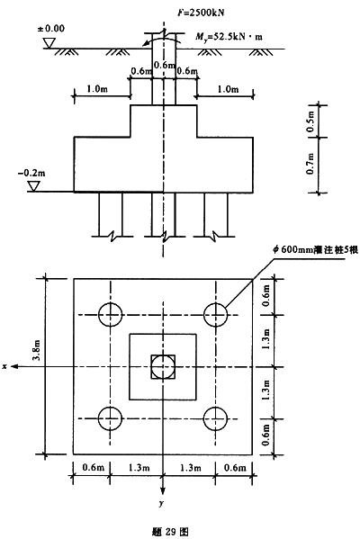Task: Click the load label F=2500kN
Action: (201, 13)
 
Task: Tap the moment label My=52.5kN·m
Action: (229, 36)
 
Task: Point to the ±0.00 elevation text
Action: (51, 28)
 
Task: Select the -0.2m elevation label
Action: (31, 173)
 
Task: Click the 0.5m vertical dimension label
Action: (310, 121)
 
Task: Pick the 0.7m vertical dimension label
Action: (310, 164)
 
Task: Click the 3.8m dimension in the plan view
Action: (36, 351)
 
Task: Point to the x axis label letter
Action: (4, 367)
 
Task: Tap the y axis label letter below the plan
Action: (162, 504)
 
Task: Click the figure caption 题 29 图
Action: (170, 532)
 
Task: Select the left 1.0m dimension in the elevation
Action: (97, 89)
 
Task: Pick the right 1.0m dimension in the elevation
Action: (228, 89)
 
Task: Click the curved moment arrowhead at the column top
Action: (147, 43)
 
